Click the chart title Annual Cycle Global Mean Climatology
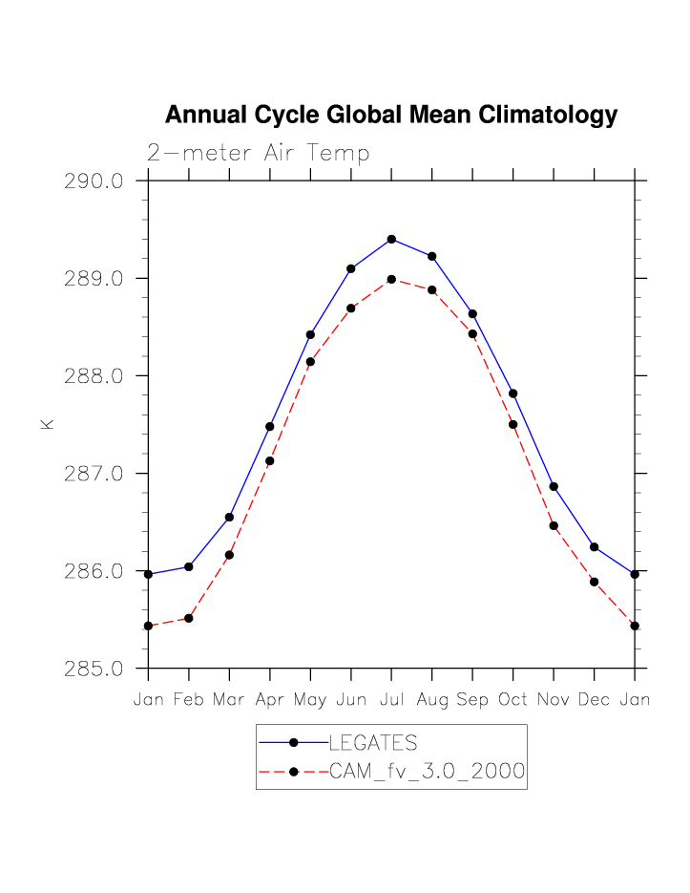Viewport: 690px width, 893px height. [x=391, y=116]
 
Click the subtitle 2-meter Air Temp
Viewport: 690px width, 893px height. [x=258, y=153]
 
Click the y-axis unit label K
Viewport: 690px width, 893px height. [x=47, y=423]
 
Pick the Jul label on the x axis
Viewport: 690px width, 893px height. [x=391, y=700]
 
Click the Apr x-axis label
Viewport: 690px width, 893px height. [x=270, y=700]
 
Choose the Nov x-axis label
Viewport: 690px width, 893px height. [x=554, y=700]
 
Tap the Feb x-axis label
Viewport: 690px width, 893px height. [x=189, y=700]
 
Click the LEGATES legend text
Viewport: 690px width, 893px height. [x=373, y=742]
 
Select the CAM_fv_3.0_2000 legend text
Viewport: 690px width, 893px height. [x=427, y=772]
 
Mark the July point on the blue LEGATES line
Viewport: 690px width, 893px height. [x=391, y=239]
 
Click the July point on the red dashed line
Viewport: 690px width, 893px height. [x=391, y=279]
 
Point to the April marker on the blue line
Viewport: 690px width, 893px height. [x=270, y=426]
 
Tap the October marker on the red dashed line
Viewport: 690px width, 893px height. [x=513, y=424]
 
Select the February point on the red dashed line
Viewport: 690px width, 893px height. [x=189, y=618]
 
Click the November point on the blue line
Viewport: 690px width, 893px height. [x=554, y=487]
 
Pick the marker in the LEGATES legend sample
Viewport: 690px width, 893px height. [x=294, y=742]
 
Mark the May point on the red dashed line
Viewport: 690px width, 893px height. [x=310, y=361]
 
